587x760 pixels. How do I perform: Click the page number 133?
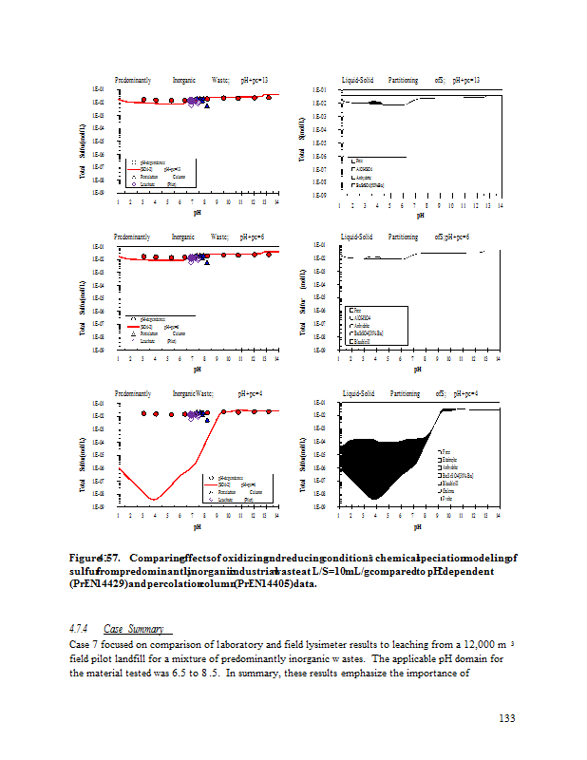pyautogui.click(x=506, y=717)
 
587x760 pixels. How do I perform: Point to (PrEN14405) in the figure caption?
pyautogui.click(x=253, y=583)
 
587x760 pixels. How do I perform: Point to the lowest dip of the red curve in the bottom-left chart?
pyautogui.click(x=154, y=500)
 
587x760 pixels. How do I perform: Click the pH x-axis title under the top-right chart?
pyautogui.click(x=419, y=214)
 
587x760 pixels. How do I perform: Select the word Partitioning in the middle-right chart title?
pyautogui.click(x=403, y=237)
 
